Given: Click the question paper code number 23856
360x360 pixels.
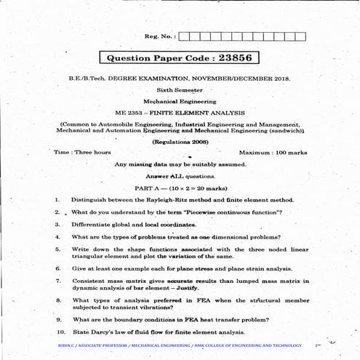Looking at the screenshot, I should coord(236,57).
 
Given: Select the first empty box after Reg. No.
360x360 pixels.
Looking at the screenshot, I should coord(185,36).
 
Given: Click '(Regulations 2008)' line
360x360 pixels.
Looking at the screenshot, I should coord(180,140).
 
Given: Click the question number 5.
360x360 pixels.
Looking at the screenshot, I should coord(57,249).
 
